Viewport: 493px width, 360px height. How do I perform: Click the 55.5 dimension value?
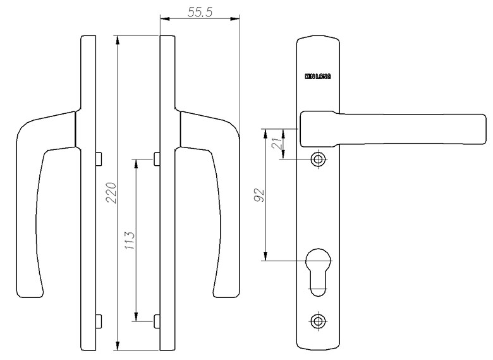[x=200, y=12]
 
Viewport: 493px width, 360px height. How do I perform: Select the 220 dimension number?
[x=112, y=193]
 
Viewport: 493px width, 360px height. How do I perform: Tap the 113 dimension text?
[x=130, y=240]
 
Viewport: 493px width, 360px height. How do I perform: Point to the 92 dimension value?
[x=259, y=196]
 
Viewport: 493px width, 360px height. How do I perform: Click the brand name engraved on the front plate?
[x=318, y=77]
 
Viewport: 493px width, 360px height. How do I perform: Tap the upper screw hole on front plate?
[x=317, y=159]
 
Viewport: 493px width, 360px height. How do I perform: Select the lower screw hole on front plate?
[x=317, y=321]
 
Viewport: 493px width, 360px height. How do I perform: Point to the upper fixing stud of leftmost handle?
[x=99, y=159]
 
